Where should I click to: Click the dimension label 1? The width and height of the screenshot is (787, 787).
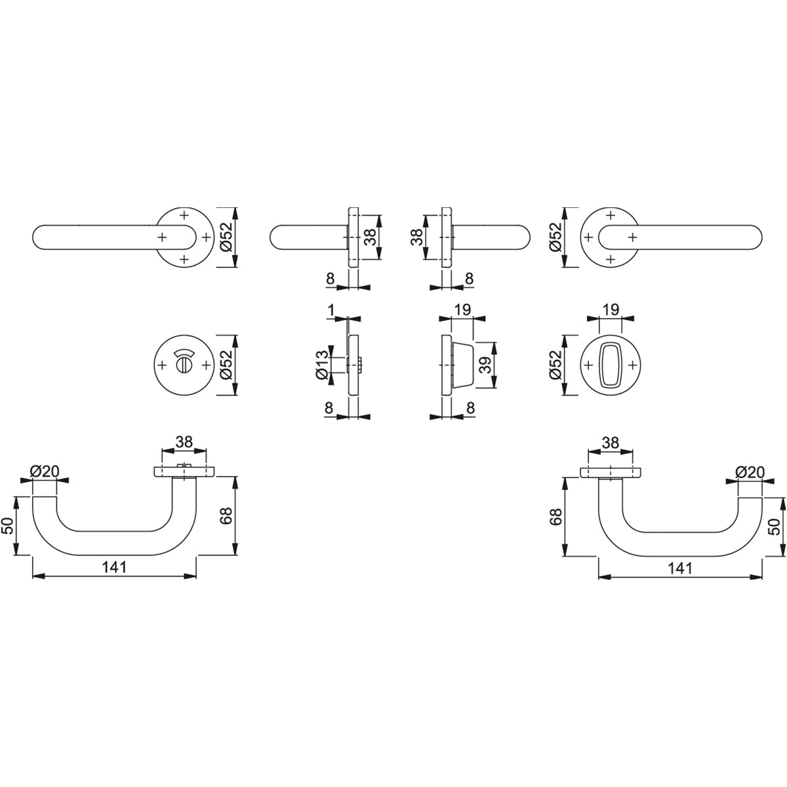[331, 310]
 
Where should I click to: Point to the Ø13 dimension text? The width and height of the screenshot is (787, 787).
[322, 365]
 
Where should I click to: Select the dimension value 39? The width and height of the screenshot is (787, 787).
[485, 365]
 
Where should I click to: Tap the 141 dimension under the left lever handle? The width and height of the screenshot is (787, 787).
[114, 567]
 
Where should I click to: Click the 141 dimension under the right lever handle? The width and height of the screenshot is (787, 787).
[680, 568]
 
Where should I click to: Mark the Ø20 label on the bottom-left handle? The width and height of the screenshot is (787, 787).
[45, 472]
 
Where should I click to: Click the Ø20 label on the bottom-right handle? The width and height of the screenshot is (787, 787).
[750, 472]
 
